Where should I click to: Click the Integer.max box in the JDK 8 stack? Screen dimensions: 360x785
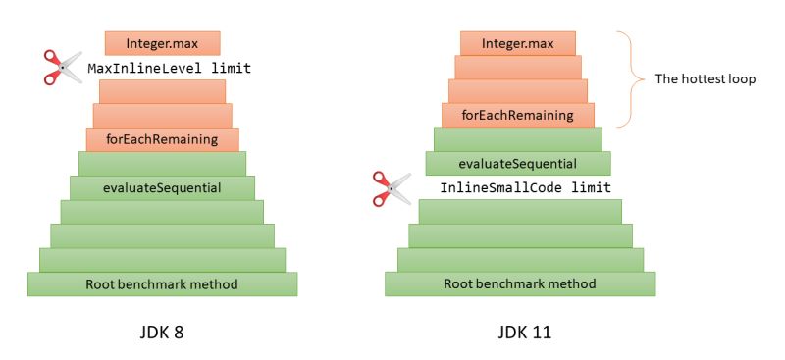click(162, 43)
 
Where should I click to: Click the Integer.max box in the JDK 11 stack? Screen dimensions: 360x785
click(519, 43)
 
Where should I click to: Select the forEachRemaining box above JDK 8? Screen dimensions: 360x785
click(162, 139)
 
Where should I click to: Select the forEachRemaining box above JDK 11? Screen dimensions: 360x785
click(520, 115)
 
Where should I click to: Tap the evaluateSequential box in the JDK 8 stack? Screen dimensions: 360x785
click(162, 187)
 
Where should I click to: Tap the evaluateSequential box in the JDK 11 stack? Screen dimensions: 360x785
click(518, 163)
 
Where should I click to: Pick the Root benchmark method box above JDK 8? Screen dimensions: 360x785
click(162, 284)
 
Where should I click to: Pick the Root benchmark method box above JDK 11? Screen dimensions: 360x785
click(520, 284)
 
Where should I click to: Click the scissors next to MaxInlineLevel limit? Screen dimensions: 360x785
click(63, 67)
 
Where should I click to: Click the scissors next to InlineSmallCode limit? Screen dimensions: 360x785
click(392, 188)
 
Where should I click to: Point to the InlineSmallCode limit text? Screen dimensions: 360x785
click(525, 187)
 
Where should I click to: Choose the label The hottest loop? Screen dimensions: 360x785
click(705, 78)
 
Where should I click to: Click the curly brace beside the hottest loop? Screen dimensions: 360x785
click(626, 78)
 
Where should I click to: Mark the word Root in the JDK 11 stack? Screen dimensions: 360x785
click(460, 284)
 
